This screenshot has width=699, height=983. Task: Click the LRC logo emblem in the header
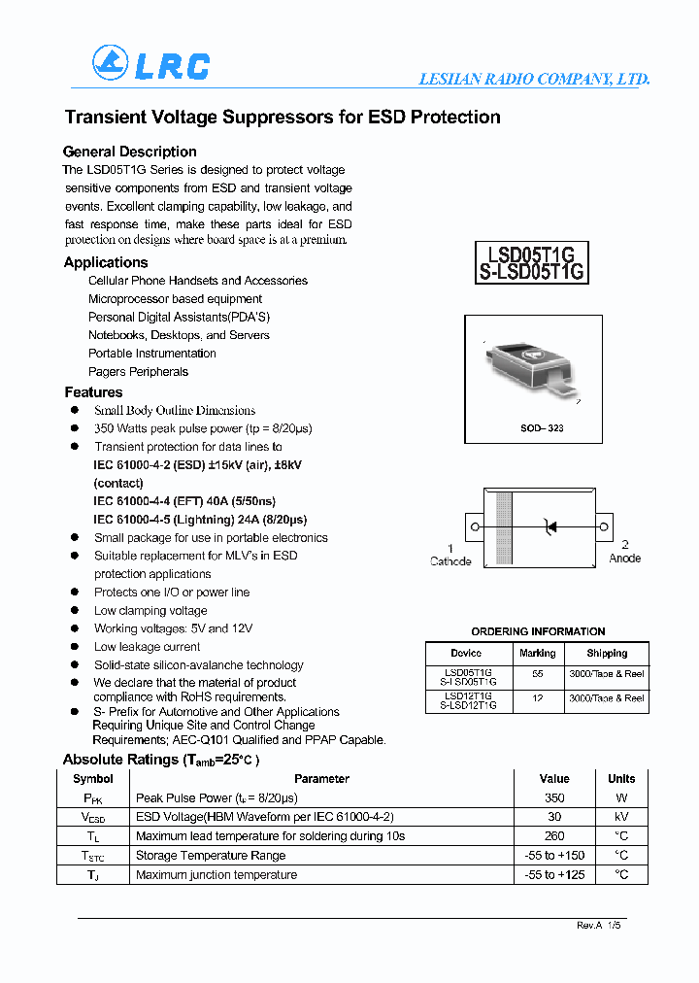tap(110, 63)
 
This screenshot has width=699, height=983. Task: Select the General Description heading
tap(129, 152)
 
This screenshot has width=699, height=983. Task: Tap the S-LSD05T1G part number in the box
tap(531, 273)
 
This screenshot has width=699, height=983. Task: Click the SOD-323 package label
tap(542, 427)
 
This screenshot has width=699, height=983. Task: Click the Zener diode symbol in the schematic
tap(550, 527)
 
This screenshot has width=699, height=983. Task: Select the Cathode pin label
tap(450, 561)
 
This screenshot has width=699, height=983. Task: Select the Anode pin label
tap(624, 559)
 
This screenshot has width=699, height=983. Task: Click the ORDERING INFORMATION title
tap(538, 631)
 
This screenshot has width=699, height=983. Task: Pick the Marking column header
tap(537, 654)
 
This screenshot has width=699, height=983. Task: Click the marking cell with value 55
tap(537, 673)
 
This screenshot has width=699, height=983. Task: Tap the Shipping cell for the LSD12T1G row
tap(607, 698)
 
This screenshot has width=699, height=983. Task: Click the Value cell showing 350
tap(553, 797)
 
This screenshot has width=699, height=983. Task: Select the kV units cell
tap(621, 817)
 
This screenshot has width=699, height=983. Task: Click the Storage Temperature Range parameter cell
tap(211, 856)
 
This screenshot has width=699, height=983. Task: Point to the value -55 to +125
tap(553, 875)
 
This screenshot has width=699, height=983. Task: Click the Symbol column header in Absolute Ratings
tap(93, 779)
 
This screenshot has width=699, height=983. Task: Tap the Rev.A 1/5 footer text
tap(598, 926)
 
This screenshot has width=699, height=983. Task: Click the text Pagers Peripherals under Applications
tap(138, 372)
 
